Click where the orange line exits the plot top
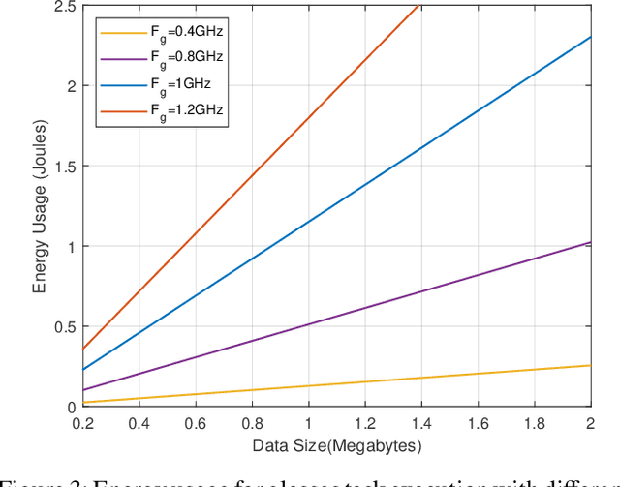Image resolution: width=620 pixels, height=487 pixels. (x=418, y=6)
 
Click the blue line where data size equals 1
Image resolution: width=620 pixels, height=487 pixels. (x=309, y=223)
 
